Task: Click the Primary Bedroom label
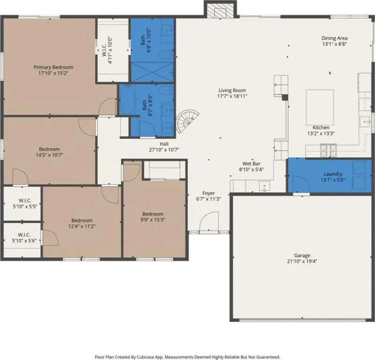[54, 67]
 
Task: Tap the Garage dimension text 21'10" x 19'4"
[302, 262]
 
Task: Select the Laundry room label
[333, 174]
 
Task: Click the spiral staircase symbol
[187, 121]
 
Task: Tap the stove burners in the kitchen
[329, 150]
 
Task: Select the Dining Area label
[334, 38]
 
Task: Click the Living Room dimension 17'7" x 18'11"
[232, 96]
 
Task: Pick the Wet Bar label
[252, 164]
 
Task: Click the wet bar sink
[265, 186]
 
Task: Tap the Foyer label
[208, 193]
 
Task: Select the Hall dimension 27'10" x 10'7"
[164, 150]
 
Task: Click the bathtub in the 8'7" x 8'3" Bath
[127, 100]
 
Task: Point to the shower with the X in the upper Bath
[153, 72]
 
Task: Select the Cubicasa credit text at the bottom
[187, 357]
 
